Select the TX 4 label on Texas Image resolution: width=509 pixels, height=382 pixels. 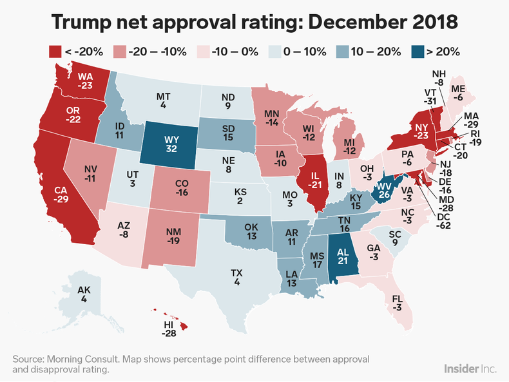(x=238, y=278)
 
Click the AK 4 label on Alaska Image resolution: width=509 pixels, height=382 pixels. (x=84, y=295)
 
